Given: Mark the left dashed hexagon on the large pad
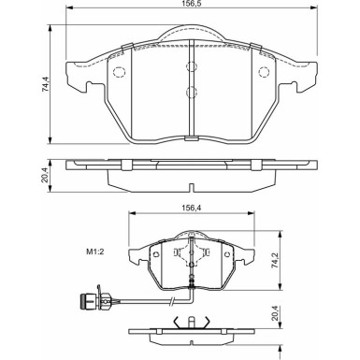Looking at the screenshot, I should [119, 74].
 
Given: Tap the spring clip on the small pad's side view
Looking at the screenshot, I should [192, 324].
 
